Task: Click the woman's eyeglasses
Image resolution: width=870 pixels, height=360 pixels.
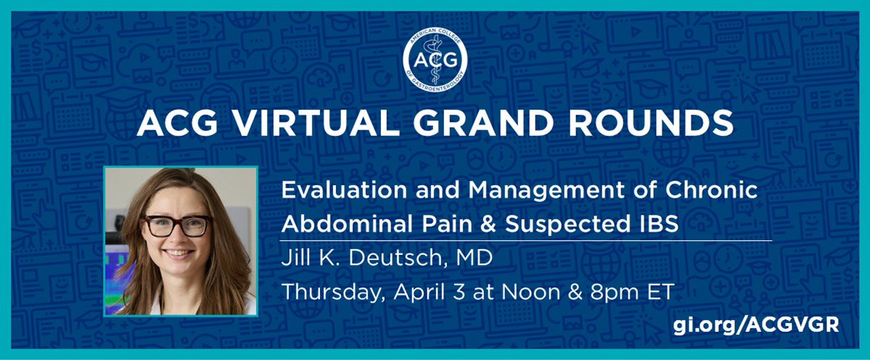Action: tap(177, 226)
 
